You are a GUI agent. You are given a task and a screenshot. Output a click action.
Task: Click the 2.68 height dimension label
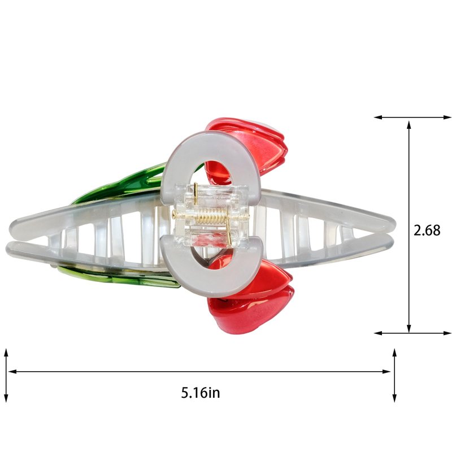[x=427, y=231]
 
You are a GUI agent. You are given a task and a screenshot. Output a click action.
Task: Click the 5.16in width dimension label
[x=201, y=392]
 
